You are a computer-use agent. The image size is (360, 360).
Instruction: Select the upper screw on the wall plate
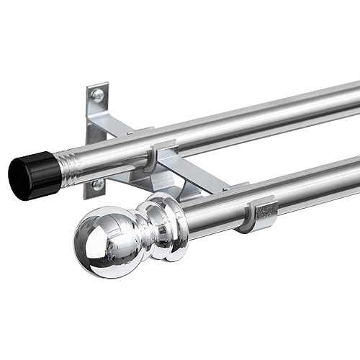[97, 95]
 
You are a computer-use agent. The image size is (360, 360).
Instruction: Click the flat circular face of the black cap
[22, 176]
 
